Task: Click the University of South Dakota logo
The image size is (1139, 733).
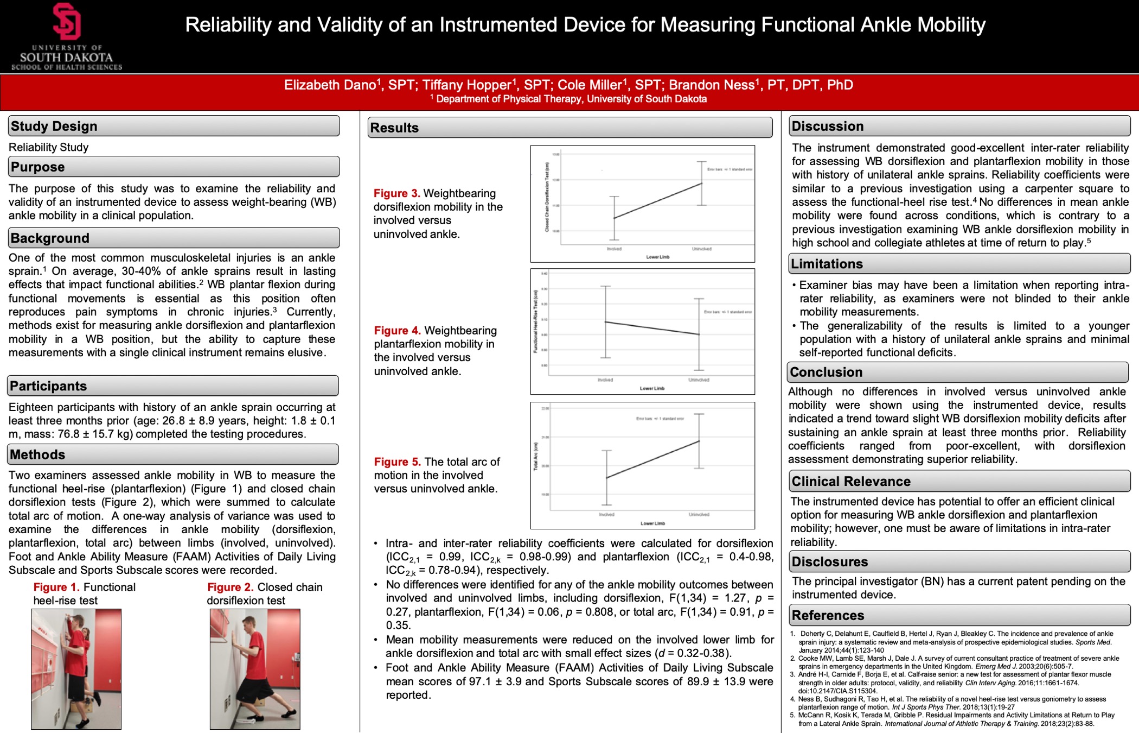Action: coord(67,36)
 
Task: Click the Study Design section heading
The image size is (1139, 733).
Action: coord(54,126)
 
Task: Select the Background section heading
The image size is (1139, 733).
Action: coord(50,238)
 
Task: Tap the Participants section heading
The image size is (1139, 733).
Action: coord(48,386)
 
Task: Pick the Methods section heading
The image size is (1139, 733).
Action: coord(37,454)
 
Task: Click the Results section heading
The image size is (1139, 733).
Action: coord(394,128)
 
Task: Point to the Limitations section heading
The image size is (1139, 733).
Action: coord(827,264)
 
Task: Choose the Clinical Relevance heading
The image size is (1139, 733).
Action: coord(851,481)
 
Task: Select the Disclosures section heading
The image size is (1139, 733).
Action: coord(830,561)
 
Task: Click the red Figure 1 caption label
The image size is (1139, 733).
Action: coord(56,587)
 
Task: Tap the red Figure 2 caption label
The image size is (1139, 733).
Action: coord(231,587)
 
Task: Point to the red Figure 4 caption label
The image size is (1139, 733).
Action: coord(398,330)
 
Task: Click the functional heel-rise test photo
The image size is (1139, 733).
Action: coord(76,669)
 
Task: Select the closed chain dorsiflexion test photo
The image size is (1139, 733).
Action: coord(255,669)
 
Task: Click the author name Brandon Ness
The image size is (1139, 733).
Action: coord(711,85)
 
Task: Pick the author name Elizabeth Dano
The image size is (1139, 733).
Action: coord(330,85)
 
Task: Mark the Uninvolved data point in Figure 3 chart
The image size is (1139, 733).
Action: coord(702,183)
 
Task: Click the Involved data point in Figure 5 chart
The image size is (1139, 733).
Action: coord(606,478)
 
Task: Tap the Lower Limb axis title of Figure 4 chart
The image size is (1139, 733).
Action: coord(652,388)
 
